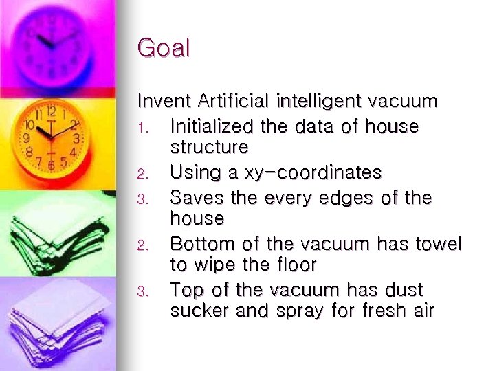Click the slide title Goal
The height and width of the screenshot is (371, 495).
(x=164, y=49)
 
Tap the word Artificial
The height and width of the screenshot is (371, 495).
(x=234, y=102)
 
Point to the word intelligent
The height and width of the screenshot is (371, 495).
(x=320, y=102)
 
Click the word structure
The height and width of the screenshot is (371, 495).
(x=209, y=147)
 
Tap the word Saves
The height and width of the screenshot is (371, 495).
(x=192, y=198)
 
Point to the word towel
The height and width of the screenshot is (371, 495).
(x=439, y=244)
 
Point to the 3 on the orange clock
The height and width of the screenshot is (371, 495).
(x=76, y=138)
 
